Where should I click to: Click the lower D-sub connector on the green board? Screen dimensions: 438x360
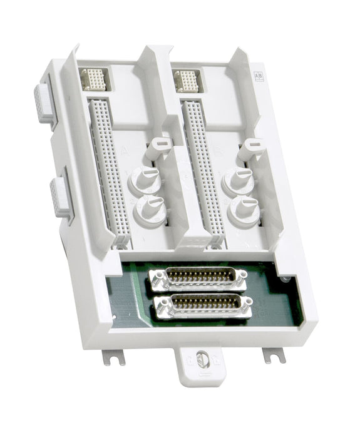point(202,306)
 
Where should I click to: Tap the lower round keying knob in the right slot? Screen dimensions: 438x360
point(244,211)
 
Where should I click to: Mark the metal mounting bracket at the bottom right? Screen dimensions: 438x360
point(274,355)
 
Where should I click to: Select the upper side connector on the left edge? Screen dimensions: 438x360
point(42,102)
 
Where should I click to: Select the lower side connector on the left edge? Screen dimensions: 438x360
point(60,197)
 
